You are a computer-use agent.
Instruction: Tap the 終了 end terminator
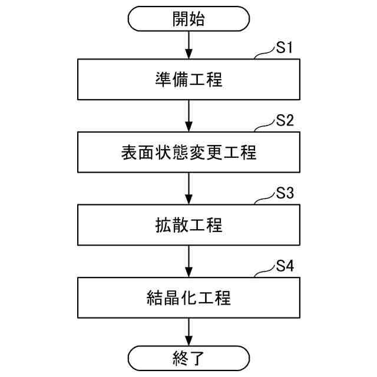point(188,358)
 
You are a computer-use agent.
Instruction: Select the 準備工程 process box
point(188,80)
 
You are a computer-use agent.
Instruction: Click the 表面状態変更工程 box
point(188,153)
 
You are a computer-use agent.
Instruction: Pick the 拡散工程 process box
point(188,225)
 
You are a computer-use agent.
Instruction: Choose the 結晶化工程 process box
point(188,297)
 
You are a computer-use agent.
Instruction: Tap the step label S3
point(285,194)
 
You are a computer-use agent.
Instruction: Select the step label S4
point(285,266)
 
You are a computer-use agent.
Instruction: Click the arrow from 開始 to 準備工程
point(188,44)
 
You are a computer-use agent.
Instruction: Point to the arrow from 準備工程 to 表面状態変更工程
point(188,116)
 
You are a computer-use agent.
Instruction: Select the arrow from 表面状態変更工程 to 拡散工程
point(188,188)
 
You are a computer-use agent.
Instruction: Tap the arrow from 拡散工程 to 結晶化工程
point(188,261)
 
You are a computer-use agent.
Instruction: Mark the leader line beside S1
point(264,55)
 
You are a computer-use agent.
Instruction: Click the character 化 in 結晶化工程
point(188,297)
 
